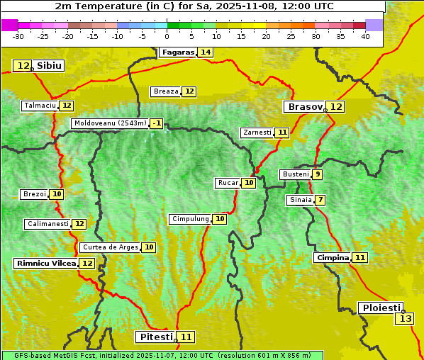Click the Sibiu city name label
point(49,66)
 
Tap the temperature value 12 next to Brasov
point(335,107)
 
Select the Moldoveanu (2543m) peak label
point(110,123)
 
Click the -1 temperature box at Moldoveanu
point(157,123)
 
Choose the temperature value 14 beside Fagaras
point(206,52)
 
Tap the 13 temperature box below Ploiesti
point(405,319)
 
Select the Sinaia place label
point(300,200)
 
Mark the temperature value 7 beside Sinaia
point(320,200)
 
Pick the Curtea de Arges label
point(109,247)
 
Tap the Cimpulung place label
point(190,219)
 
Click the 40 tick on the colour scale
point(365,36)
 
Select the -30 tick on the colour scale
point(18,36)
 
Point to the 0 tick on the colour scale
point(167,36)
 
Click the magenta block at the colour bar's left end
point(9,25)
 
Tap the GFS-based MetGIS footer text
point(162,355)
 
